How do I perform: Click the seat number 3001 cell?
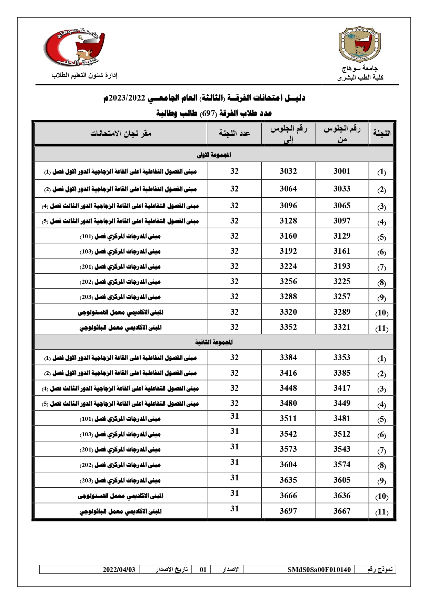[341, 171]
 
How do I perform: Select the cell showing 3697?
[288, 511]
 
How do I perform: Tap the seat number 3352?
[288, 327]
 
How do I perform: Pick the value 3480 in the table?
[288, 403]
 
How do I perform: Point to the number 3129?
[341, 236]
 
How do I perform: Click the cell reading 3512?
[341, 434]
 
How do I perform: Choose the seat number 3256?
[288, 281]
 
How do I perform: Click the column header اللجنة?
[381, 133]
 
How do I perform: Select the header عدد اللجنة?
[235, 133]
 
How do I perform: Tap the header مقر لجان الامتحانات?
[121, 133]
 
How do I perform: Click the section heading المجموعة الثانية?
[214, 342]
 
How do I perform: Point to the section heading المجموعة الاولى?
[214, 155]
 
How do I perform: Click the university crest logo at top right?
[360, 44]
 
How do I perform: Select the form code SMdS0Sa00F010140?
[319, 570]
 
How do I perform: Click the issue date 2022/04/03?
[119, 570]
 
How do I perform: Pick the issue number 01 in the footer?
[203, 570]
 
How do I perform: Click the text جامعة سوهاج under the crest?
[360, 69]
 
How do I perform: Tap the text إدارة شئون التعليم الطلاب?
[84, 75]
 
